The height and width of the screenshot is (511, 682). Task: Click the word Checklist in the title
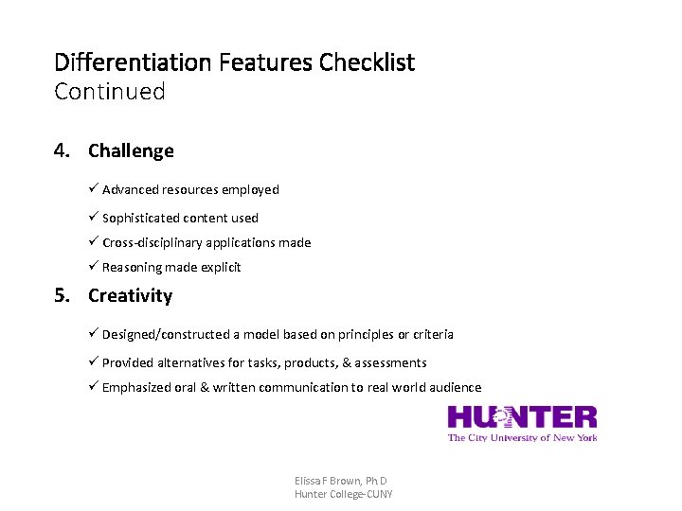coord(367,63)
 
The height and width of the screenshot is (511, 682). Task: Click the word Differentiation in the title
coord(133,63)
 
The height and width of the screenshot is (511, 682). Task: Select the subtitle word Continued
coord(110,92)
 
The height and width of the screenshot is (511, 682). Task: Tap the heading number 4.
coord(63,150)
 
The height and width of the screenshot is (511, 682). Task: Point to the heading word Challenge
coord(131,150)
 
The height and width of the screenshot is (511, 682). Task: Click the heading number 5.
coord(63,295)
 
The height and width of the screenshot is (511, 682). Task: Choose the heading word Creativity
coord(130,295)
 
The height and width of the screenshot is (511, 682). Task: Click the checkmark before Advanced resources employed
coord(94,189)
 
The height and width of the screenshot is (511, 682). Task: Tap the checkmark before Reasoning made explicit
coord(94,267)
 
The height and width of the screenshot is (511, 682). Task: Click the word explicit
coord(219,267)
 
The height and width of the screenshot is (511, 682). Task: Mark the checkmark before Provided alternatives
coord(94,362)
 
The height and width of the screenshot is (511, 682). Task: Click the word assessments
coord(390,362)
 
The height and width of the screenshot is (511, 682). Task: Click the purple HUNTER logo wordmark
coord(522,417)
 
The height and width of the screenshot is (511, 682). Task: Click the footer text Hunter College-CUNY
coord(343,494)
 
